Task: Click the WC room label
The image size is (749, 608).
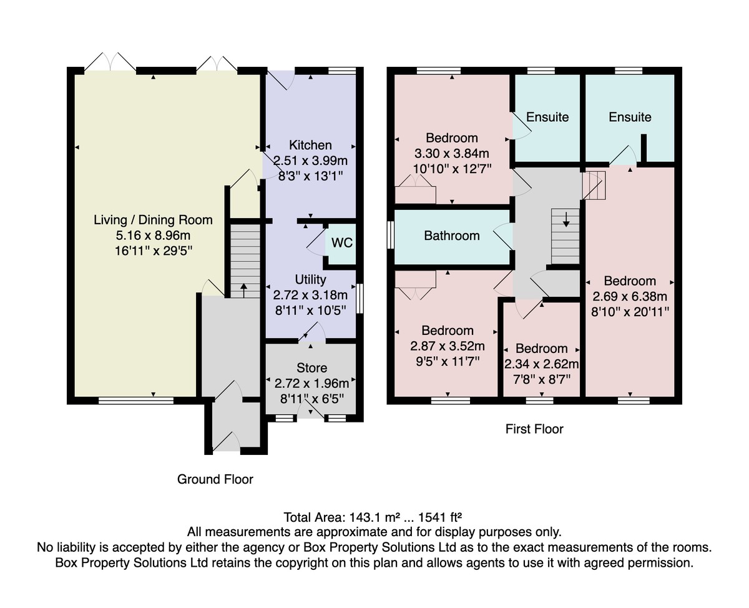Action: pyautogui.click(x=342, y=242)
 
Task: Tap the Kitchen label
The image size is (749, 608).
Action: pyautogui.click(x=310, y=145)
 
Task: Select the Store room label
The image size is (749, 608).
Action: pyautogui.click(x=311, y=368)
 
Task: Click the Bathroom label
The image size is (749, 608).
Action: pyautogui.click(x=451, y=236)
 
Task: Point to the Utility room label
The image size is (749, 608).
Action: pyautogui.click(x=310, y=279)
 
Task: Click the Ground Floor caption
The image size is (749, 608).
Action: pyautogui.click(x=215, y=479)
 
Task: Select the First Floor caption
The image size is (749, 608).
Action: pyautogui.click(x=534, y=429)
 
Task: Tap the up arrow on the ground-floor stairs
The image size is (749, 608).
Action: pyautogui.click(x=243, y=291)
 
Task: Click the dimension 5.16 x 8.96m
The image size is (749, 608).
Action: pyautogui.click(x=153, y=235)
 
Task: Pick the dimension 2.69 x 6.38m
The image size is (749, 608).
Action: pyautogui.click(x=629, y=296)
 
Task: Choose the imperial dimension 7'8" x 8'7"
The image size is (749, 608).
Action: pyautogui.click(x=542, y=379)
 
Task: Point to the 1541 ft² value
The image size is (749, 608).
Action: pyautogui.click(x=439, y=517)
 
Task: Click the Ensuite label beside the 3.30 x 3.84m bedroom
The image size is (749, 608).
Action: pyautogui.click(x=547, y=117)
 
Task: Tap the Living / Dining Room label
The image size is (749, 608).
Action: pyautogui.click(x=153, y=220)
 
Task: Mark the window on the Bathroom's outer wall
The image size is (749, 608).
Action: pyautogui.click(x=390, y=235)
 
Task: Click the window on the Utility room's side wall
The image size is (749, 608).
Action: pyautogui.click(x=360, y=299)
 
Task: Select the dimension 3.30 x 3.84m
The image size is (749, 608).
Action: pyautogui.click(x=451, y=154)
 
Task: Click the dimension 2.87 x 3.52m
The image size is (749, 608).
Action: pyautogui.click(x=448, y=346)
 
